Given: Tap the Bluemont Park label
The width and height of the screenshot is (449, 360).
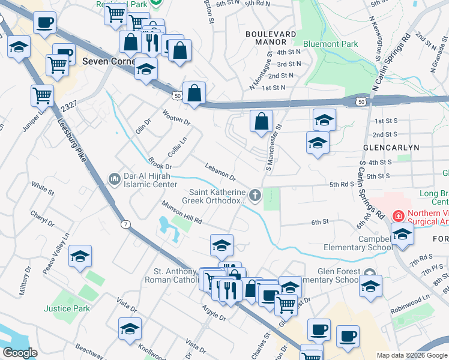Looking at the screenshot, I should click(x=331, y=44).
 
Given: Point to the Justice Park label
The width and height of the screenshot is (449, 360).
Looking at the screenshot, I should click(x=67, y=308).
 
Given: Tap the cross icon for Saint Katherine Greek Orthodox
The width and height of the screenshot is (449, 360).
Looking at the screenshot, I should click(x=256, y=194).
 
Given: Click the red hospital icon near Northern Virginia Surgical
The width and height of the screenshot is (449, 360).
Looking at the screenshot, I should click(x=397, y=215).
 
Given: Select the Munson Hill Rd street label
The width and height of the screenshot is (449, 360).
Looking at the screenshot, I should click(x=181, y=212).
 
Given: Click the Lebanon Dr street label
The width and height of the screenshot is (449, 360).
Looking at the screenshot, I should click(x=220, y=172).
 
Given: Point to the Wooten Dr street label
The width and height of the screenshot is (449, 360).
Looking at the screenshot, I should click(x=176, y=117).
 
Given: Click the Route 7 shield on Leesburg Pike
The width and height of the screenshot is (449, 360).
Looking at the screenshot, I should click(x=125, y=224).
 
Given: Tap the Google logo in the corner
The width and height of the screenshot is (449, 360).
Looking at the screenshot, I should click(x=20, y=353).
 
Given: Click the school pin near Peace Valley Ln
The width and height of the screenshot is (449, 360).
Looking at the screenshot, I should click(x=80, y=256).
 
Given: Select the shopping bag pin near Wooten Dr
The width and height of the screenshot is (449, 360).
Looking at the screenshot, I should click(x=194, y=93).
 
